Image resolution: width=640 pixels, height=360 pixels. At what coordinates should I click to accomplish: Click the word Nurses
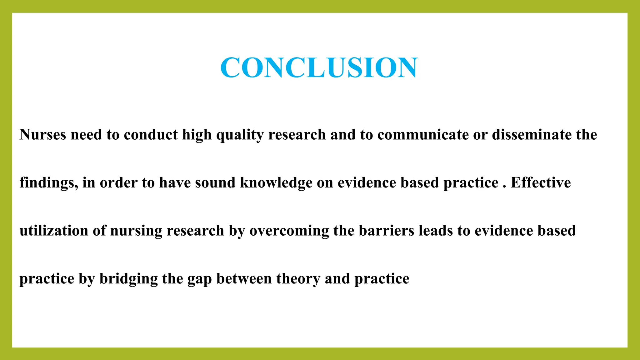point(43,135)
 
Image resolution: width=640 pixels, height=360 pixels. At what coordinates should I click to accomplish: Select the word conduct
point(151,135)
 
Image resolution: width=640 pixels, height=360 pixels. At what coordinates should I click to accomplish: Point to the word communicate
point(423,135)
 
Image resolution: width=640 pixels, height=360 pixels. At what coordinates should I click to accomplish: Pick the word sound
point(215,183)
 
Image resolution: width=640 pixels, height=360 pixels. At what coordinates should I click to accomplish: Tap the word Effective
point(541,183)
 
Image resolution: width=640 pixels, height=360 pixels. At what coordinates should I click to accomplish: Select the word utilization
point(54,231)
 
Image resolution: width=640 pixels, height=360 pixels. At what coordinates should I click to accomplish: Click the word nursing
point(136,231)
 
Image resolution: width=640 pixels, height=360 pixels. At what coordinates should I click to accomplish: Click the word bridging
point(128,279)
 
